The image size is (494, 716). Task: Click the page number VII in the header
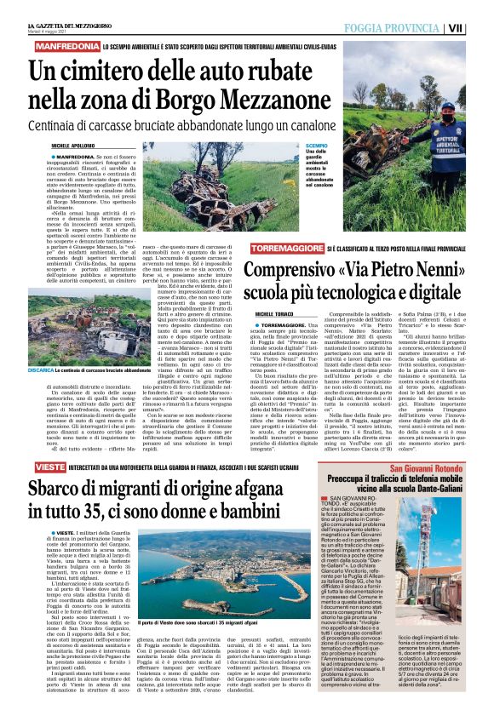coord(480,28)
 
